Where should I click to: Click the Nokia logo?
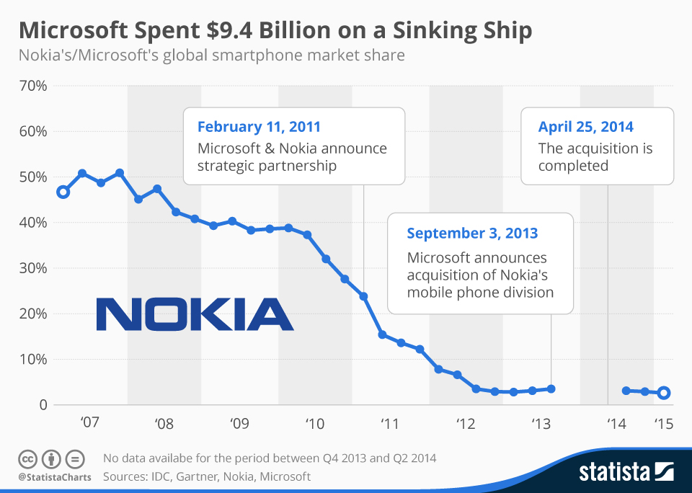pyautogui.click(x=195, y=315)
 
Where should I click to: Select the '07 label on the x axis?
pyautogui.click(x=89, y=422)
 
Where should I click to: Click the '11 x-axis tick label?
pyautogui.click(x=389, y=422)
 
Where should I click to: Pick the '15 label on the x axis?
pyautogui.click(x=663, y=422)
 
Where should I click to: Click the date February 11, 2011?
pyautogui.click(x=259, y=127)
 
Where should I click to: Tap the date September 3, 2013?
pyautogui.click(x=472, y=234)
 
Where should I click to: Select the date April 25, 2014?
pyautogui.click(x=585, y=127)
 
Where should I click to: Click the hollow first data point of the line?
pyautogui.click(x=63, y=192)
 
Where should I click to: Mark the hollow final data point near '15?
pyautogui.click(x=664, y=393)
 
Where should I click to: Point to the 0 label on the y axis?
pyautogui.click(x=42, y=405)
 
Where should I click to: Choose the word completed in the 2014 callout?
pyautogui.click(x=573, y=166)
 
